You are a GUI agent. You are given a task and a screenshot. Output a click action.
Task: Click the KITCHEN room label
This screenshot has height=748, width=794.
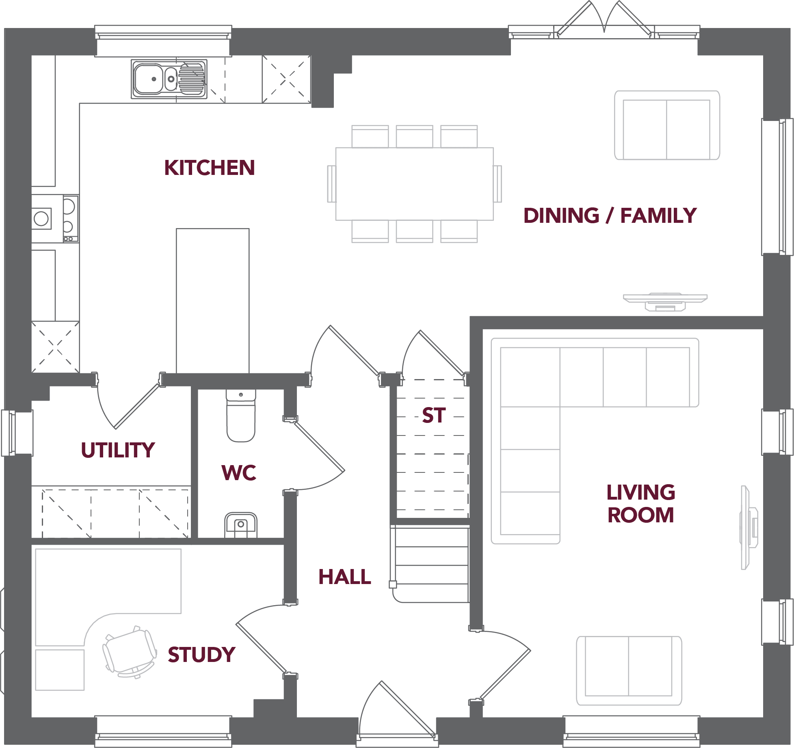(x=210, y=168)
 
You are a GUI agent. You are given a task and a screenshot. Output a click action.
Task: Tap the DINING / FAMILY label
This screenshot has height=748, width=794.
(x=610, y=216)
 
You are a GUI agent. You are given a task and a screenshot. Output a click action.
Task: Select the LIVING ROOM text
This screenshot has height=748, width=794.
(x=641, y=504)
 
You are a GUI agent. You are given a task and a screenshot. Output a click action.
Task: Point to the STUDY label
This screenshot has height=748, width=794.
(x=201, y=655)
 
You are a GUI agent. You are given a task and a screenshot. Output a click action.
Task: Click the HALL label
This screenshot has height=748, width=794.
(x=345, y=577)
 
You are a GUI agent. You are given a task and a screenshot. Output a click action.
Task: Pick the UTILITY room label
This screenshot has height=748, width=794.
(x=118, y=450)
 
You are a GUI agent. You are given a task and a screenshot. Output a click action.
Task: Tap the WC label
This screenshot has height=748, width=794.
(x=239, y=473)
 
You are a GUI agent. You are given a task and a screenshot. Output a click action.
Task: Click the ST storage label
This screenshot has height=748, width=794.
(x=434, y=415)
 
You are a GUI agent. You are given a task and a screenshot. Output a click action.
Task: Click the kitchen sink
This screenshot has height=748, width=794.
(x=169, y=79)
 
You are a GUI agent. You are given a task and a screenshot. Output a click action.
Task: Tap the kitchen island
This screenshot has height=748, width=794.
(x=213, y=301)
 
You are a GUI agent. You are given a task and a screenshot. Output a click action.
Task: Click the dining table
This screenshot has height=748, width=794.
(x=415, y=184)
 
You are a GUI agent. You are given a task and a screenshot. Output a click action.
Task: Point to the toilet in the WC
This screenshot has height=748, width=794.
(x=241, y=415)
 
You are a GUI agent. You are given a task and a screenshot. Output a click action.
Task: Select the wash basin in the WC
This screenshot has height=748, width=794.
(x=241, y=525)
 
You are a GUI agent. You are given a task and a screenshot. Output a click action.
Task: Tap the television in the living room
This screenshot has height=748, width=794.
(x=749, y=527)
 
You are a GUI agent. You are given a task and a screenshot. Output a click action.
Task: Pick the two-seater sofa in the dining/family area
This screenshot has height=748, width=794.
(x=667, y=125)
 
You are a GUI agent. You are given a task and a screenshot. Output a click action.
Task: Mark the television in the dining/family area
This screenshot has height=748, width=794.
(x=665, y=302)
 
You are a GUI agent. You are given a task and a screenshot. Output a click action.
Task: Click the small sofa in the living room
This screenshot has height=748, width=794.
(x=629, y=671)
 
